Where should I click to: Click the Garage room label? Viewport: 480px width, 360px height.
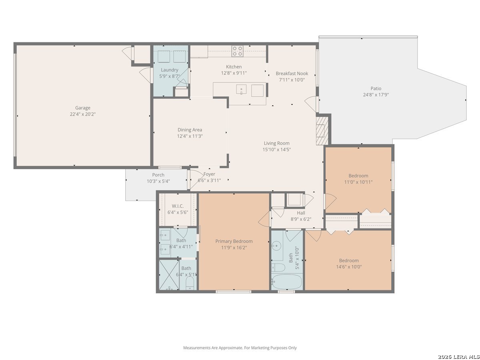(x=83, y=108)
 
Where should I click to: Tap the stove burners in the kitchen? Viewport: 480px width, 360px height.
(x=237, y=51)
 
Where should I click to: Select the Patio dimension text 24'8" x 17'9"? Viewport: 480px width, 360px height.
(x=376, y=95)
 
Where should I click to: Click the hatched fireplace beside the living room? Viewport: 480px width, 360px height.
(x=322, y=130)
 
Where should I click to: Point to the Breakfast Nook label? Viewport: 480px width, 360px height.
(x=292, y=74)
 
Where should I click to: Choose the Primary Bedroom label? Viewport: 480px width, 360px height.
(x=234, y=241)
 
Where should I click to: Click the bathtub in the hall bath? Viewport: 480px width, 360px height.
(x=287, y=282)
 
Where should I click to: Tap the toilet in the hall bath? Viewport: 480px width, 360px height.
(x=278, y=267)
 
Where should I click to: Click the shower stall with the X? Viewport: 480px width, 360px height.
(x=169, y=275)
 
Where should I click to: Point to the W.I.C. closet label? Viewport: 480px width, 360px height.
(x=178, y=206)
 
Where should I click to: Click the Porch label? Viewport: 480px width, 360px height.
(x=158, y=175)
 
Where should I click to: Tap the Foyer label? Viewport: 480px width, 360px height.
(x=209, y=174)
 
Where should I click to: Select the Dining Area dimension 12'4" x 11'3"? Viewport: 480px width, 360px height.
(x=190, y=136)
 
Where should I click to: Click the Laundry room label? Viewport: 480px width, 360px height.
(x=170, y=70)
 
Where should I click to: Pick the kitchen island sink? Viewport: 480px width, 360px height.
(x=241, y=89)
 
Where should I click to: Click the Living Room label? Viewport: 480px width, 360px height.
(x=276, y=143)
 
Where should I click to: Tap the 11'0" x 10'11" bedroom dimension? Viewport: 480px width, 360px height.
(x=358, y=182)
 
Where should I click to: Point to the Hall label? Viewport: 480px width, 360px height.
(x=301, y=213)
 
